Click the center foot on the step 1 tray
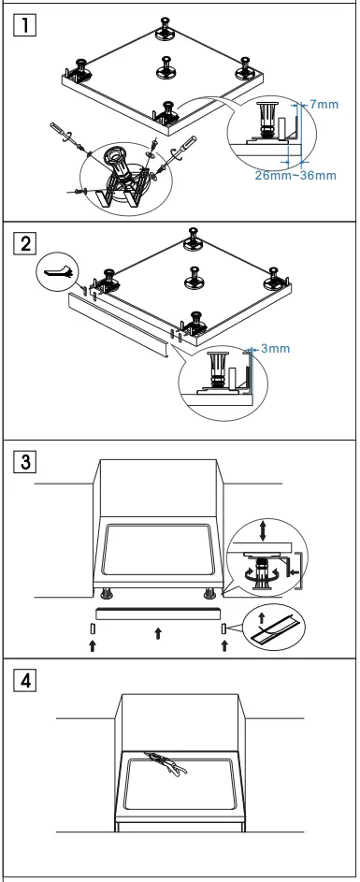pos(169,68)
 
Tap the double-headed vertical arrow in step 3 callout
pos(263,529)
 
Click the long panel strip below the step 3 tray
pos(155,612)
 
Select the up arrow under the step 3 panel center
pos(156,634)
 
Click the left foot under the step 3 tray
pos(106,592)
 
